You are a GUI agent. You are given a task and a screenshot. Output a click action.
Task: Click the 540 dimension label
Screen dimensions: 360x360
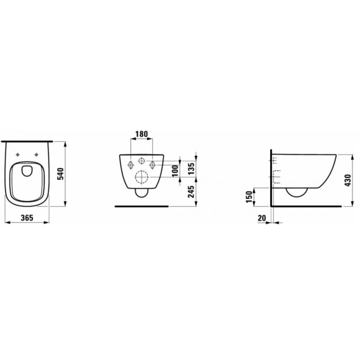(x=61, y=174)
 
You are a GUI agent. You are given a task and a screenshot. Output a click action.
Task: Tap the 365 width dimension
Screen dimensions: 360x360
(x=27, y=217)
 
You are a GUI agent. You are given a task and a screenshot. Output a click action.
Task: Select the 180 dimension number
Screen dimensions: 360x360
(x=141, y=134)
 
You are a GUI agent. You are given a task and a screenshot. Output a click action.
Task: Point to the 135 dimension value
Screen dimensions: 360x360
(x=192, y=167)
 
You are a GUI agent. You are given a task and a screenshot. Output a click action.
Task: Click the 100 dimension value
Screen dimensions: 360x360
(x=175, y=171)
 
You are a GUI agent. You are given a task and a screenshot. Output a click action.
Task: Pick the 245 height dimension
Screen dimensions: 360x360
(x=191, y=191)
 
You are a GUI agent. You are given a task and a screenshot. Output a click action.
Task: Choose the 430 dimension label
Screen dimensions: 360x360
(x=348, y=180)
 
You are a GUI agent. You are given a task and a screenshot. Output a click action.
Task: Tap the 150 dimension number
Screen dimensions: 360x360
(x=249, y=197)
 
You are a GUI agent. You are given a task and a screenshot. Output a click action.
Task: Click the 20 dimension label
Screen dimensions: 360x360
(x=261, y=218)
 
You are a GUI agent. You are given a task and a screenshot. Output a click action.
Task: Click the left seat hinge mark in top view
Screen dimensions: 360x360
(x=18, y=155)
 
